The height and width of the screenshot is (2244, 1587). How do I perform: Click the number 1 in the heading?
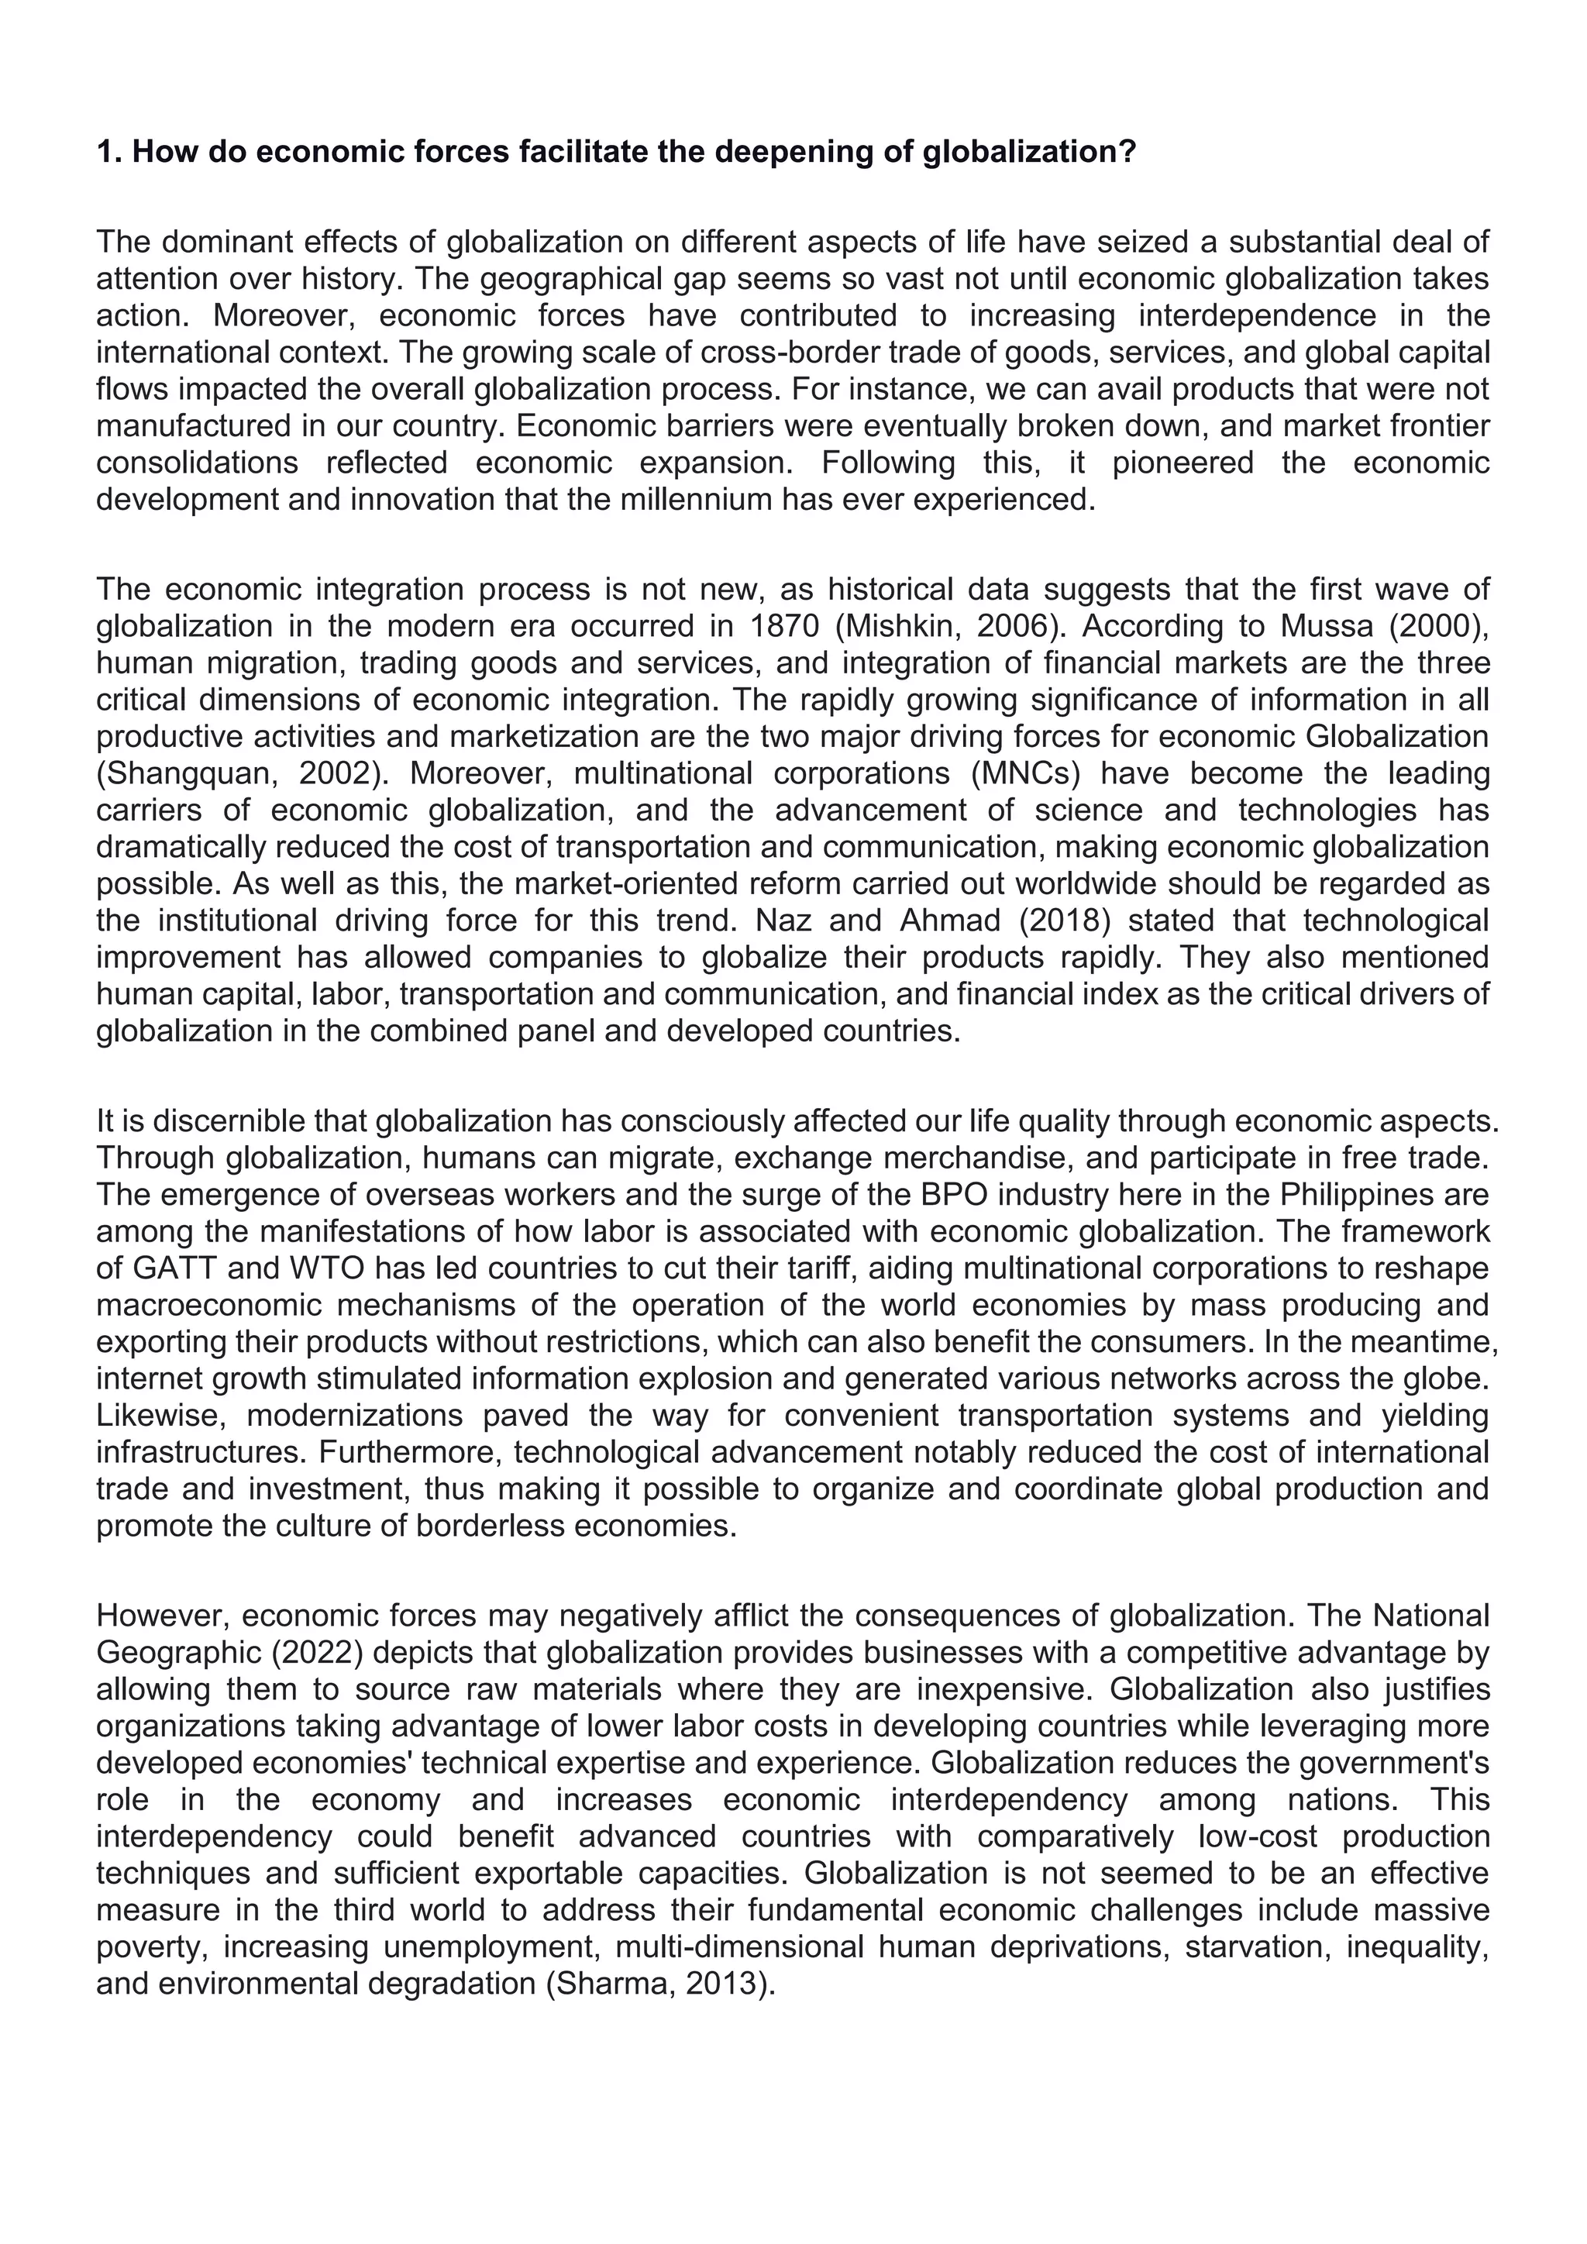point(105,153)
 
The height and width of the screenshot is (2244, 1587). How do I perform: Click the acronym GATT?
point(164,1268)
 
